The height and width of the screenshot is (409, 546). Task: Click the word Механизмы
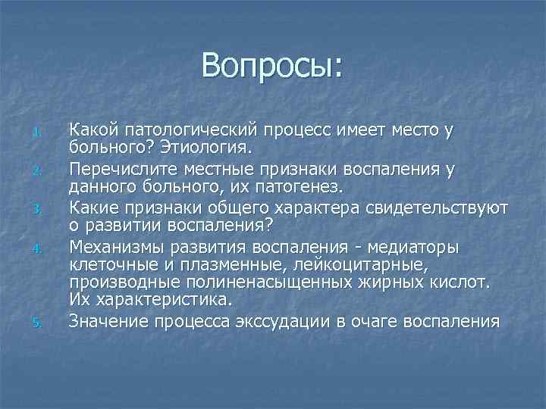pyautogui.click(x=116, y=246)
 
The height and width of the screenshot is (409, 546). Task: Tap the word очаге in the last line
pyautogui.click(x=368, y=320)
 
